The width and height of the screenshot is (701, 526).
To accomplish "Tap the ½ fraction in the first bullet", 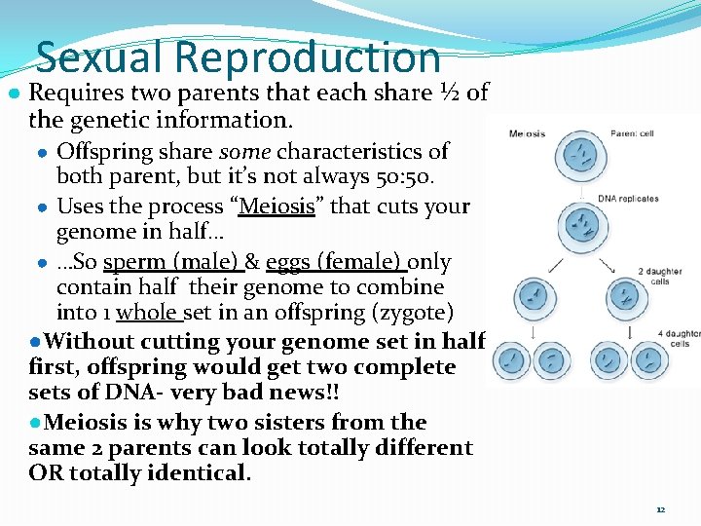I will pyautogui.click(x=450, y=94).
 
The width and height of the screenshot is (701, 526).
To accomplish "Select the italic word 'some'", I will pyautogui.click(x=246, y=151).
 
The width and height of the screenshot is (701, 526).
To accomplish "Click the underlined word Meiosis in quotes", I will pyautogui.click(x=277, y=207).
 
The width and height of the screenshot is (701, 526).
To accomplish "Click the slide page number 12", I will pyautogui.click(x=660, y=509).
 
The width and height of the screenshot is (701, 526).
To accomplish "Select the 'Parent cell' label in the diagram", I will pyautogui.click(x=633, y=133).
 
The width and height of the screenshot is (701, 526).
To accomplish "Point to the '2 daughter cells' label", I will pyautogui.click(x=659, y=277).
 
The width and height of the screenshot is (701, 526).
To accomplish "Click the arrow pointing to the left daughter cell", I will pyautogui.click(x=551, y=265).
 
